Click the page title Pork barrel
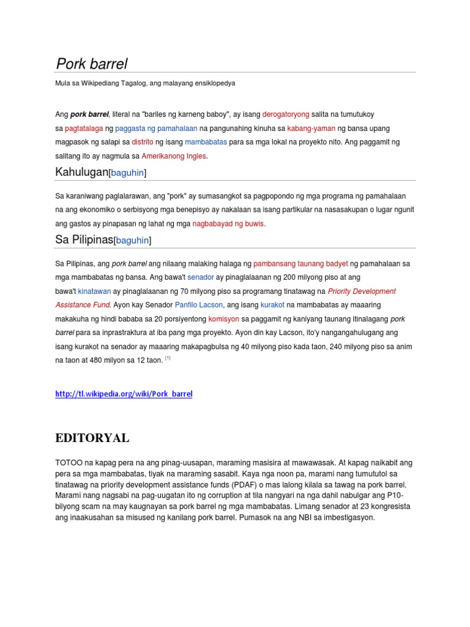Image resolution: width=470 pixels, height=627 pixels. [x=92, y=64]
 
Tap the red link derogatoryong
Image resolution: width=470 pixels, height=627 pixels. [x=286, y=115]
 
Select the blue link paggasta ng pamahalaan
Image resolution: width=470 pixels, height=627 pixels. [x=154, y=129]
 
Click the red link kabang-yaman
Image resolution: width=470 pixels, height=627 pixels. [x=311, y=129]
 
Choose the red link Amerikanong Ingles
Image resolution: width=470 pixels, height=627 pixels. [x=174, y=156]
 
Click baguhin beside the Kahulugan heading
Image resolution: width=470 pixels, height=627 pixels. [x=127, y=173]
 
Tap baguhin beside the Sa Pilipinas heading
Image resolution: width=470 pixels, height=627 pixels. [x=132, y=241]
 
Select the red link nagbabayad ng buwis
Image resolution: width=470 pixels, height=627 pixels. [x=228, y=223]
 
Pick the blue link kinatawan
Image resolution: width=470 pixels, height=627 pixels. [x=94, y=291]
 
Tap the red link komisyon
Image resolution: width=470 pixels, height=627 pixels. [x=224, y=319]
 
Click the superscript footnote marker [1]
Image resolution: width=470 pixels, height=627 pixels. [x=167, y=359]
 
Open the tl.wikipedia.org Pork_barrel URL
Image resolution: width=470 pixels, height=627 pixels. [x=124, y=394]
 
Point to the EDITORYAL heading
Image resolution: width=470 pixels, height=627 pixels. [x=92, y=438]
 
